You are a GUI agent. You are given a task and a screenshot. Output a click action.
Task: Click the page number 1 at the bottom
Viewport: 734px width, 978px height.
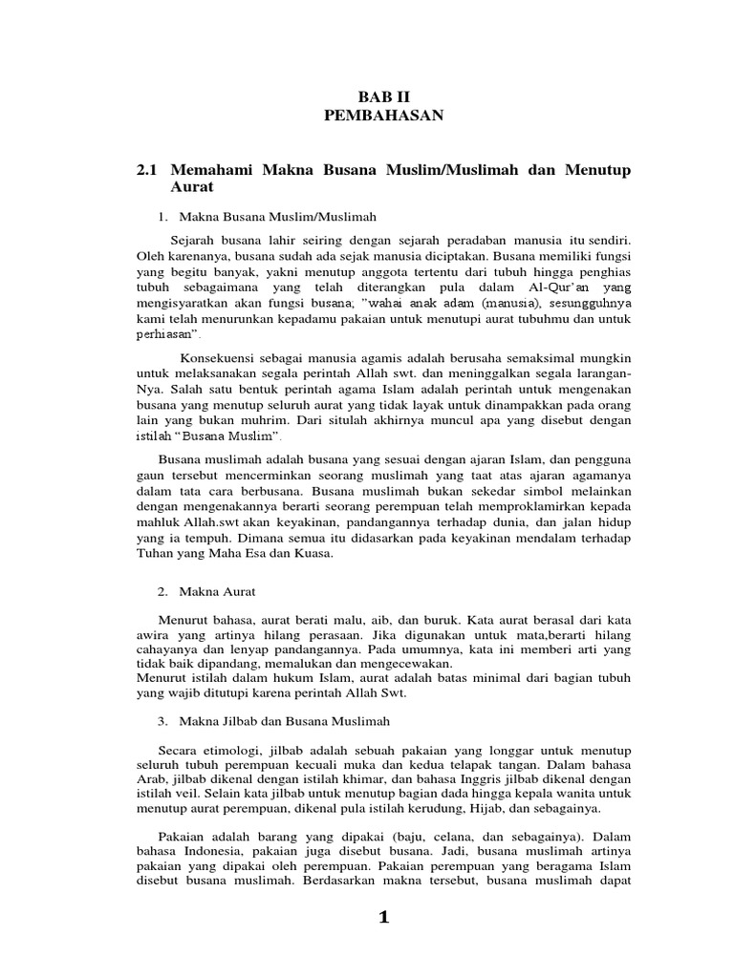coord(384,918)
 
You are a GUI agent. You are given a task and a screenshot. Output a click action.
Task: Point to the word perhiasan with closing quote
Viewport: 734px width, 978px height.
coord(168,336)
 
